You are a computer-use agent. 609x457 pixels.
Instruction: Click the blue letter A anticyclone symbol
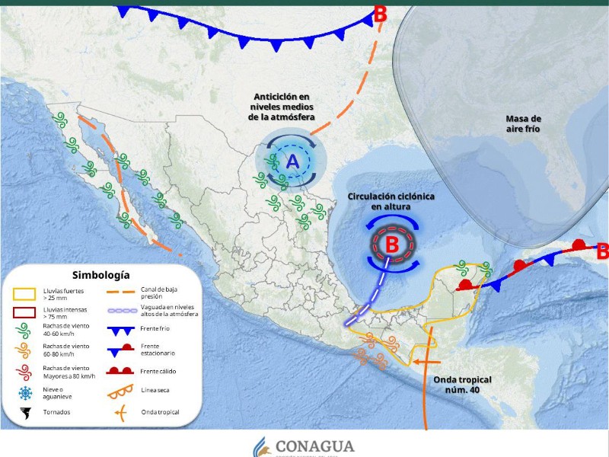pos(293,161)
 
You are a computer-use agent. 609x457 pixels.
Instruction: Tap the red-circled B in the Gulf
pos(392,244)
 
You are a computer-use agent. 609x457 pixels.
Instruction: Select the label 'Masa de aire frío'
pos(524,123)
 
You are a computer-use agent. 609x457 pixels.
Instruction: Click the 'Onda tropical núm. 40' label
pos(462,385)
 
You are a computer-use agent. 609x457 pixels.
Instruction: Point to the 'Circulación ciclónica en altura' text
pos(391,201)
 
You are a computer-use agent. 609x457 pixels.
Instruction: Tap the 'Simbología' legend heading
pos(101,275)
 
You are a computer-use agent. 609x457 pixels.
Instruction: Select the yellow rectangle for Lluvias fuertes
pos(25,294)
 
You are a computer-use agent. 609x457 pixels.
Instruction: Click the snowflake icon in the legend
pos(25,393)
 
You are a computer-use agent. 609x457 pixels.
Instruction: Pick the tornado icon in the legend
pos(25,414)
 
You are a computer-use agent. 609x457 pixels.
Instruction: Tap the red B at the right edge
pos(601,251)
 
